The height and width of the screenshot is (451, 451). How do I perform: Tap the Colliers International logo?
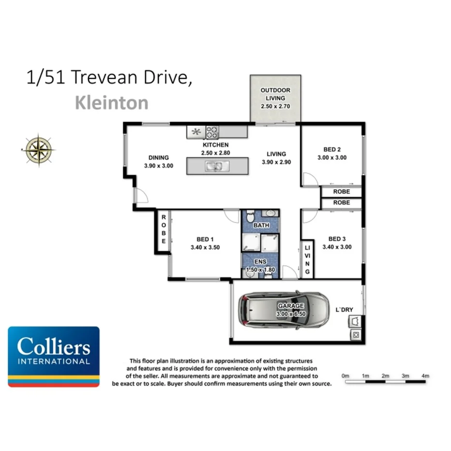coord(54,357)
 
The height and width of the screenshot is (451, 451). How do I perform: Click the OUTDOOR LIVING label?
coord(275,94)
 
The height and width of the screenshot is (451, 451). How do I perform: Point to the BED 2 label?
coord(331,150)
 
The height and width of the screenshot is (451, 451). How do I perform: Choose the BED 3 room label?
coord(337,239)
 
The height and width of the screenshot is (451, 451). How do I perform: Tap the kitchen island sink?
coord(213,166)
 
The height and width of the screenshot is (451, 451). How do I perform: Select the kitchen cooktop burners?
coord(212,132)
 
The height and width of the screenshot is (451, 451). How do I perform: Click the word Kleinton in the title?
coord(111,103)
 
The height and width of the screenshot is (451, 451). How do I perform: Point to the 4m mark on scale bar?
coord(425,376)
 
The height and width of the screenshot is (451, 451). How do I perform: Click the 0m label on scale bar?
coord(345,376)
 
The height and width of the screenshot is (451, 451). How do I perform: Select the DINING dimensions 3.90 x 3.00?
coord(158,165)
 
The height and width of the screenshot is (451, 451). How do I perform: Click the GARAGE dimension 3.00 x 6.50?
coord(291,314)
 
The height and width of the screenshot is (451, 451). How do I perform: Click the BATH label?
coord(261,225)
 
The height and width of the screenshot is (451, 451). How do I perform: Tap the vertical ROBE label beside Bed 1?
coord(164,229)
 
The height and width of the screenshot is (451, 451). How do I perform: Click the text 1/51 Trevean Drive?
coord(109,78)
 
